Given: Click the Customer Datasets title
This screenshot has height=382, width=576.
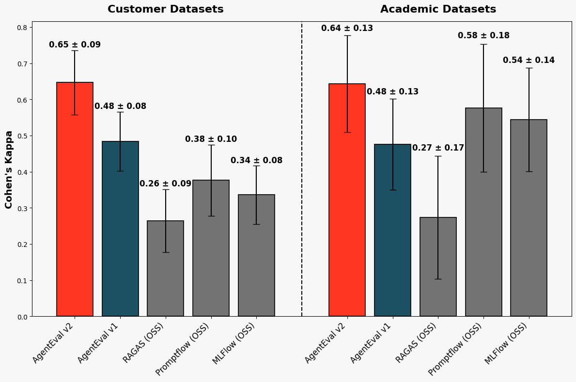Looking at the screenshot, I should pos(165,9).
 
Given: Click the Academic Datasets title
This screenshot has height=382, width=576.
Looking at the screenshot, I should pos(438,9).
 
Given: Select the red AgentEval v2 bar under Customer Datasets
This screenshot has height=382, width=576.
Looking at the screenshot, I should pos(75,203).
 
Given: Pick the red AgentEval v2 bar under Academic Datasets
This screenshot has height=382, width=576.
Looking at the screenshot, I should pos(347,203).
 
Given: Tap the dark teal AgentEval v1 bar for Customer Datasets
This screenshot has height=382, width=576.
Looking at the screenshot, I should pos(120,232).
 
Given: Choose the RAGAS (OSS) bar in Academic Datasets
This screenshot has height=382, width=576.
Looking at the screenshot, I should pos(438,271).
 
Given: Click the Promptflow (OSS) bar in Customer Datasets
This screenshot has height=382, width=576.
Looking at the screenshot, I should pos(211,252).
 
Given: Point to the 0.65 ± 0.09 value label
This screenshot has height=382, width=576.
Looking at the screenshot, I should pos(75,45).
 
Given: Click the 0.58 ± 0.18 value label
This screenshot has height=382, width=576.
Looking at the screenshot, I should pos(483,36).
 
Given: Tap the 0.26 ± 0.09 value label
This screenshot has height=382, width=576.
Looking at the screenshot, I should pos(165,184).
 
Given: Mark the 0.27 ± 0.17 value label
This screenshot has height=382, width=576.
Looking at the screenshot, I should pos(438,148).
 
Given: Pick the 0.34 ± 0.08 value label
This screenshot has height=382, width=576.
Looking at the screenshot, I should pos(256,161).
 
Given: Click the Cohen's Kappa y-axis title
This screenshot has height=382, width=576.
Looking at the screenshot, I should pos(9,169).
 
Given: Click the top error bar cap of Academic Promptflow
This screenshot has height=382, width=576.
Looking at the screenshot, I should pos(483,45).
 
